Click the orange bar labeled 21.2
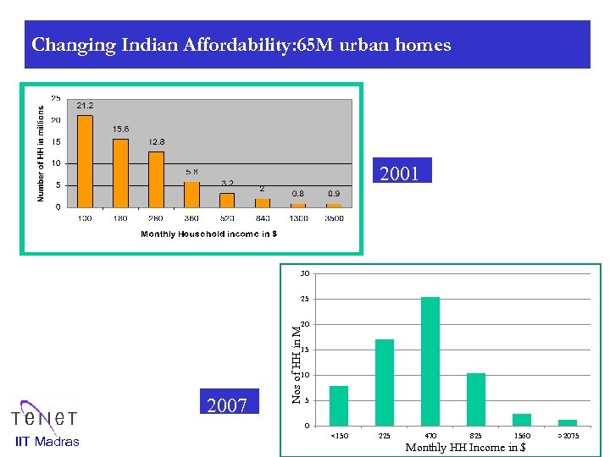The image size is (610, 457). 85,161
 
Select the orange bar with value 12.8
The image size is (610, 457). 156,179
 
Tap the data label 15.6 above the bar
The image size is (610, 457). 120,129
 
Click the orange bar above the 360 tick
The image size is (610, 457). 191,194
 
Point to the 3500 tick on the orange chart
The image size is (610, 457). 335,217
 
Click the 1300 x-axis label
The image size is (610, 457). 298,217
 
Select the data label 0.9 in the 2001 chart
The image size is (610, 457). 335,194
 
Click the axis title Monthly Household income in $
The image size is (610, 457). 208,234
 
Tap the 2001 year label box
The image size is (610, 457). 400,174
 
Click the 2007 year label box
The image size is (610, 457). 227,406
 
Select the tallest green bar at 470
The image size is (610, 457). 430,361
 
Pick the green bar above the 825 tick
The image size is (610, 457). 476,399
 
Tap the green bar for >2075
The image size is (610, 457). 568,422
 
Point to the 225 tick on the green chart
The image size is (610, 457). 385,435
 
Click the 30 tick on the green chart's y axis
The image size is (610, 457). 304,273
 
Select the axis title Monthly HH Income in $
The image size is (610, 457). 465,447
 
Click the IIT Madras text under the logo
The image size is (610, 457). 48,441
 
